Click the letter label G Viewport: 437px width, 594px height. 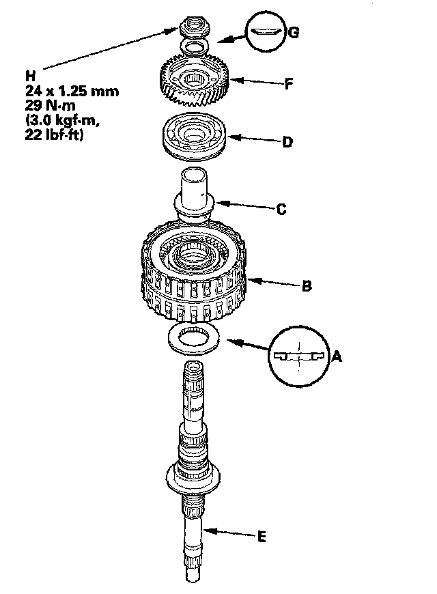(294, 31)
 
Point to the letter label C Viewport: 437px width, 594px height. (281, 210)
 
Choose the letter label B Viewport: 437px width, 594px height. (307, 286)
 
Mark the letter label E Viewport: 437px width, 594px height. (261, 537)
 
